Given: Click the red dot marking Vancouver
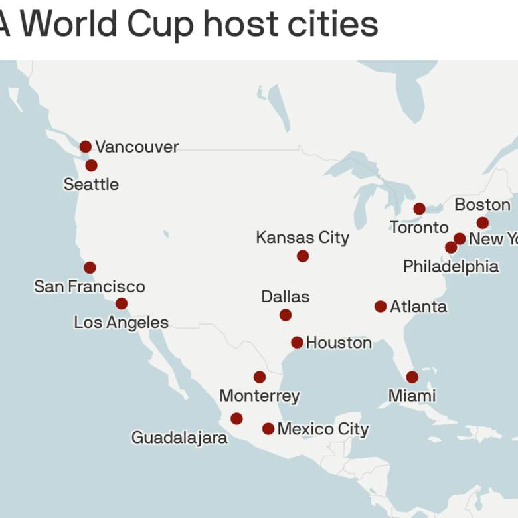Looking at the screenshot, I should [86, 147].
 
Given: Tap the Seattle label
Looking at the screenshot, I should [91, 184].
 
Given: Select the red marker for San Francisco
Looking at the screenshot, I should [90, 268].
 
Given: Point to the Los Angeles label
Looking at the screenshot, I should [121, 323].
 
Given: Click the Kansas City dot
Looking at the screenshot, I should [303, 256].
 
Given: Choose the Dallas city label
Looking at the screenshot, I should [286, 296].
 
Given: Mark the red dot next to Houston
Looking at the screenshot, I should [297, 343].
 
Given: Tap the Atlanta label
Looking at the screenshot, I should [418, 307].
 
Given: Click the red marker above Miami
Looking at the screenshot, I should [412, 377].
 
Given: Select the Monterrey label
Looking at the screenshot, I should [260, 396].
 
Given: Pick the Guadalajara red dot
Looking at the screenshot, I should [236, 419].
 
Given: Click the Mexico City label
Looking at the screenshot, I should [323, 429].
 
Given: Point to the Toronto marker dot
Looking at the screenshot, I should [420, 209].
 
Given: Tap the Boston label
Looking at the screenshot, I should [483, 205].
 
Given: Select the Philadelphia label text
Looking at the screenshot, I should [451, 266].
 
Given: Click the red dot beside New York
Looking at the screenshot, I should [460, 238].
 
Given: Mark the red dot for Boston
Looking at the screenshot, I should [483, 223].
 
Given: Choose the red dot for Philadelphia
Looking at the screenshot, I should [451, 248].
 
